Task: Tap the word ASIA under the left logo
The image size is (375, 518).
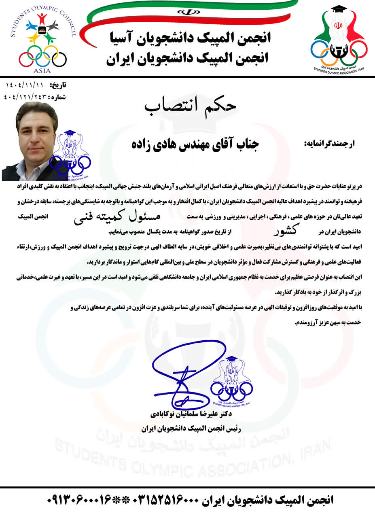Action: tap(42, 70)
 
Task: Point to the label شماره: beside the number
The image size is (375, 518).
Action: tap(57, 97)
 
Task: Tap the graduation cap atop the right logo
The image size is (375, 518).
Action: tap(339, 9)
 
